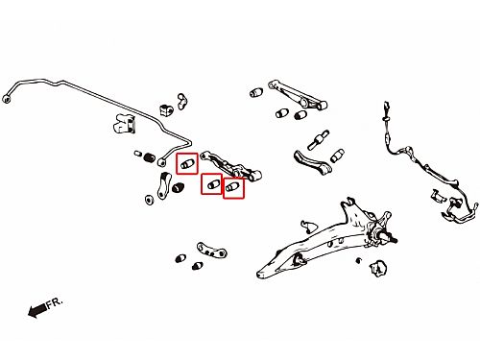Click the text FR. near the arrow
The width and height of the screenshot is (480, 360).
(x=55, y=303)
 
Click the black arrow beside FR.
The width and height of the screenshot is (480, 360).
(x=37, y=310)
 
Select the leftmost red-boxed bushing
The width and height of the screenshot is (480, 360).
(x=187, y=164)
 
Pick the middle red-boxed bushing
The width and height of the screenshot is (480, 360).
(x=211, y=184)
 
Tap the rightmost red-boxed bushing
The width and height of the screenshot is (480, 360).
(x=232, y=187)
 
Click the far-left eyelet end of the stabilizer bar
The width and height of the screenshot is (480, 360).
(x=6, y=99)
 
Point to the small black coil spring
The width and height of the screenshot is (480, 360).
(x=150, y=157)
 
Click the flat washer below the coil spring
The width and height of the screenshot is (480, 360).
(x=149, y=200)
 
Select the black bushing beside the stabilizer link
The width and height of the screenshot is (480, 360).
(x=178, y=187)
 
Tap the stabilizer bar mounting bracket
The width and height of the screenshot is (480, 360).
(x=124, y=124)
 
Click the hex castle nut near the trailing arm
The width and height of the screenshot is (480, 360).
(x=379, y=268)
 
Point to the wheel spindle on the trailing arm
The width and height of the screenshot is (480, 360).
(x=387, y=236)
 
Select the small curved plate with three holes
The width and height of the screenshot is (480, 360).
(x=211, y=251)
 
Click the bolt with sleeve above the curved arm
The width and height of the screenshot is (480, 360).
(x=319, y=139)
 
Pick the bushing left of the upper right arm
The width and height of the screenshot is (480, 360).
(x=256, y=92)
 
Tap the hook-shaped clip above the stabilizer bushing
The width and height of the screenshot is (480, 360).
(x=182, y=101)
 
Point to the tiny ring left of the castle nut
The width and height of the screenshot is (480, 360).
(x=359, y=260)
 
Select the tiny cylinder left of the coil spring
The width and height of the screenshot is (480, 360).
(x=138, y=154)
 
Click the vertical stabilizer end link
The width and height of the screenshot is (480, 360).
(x=164, y=185)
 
